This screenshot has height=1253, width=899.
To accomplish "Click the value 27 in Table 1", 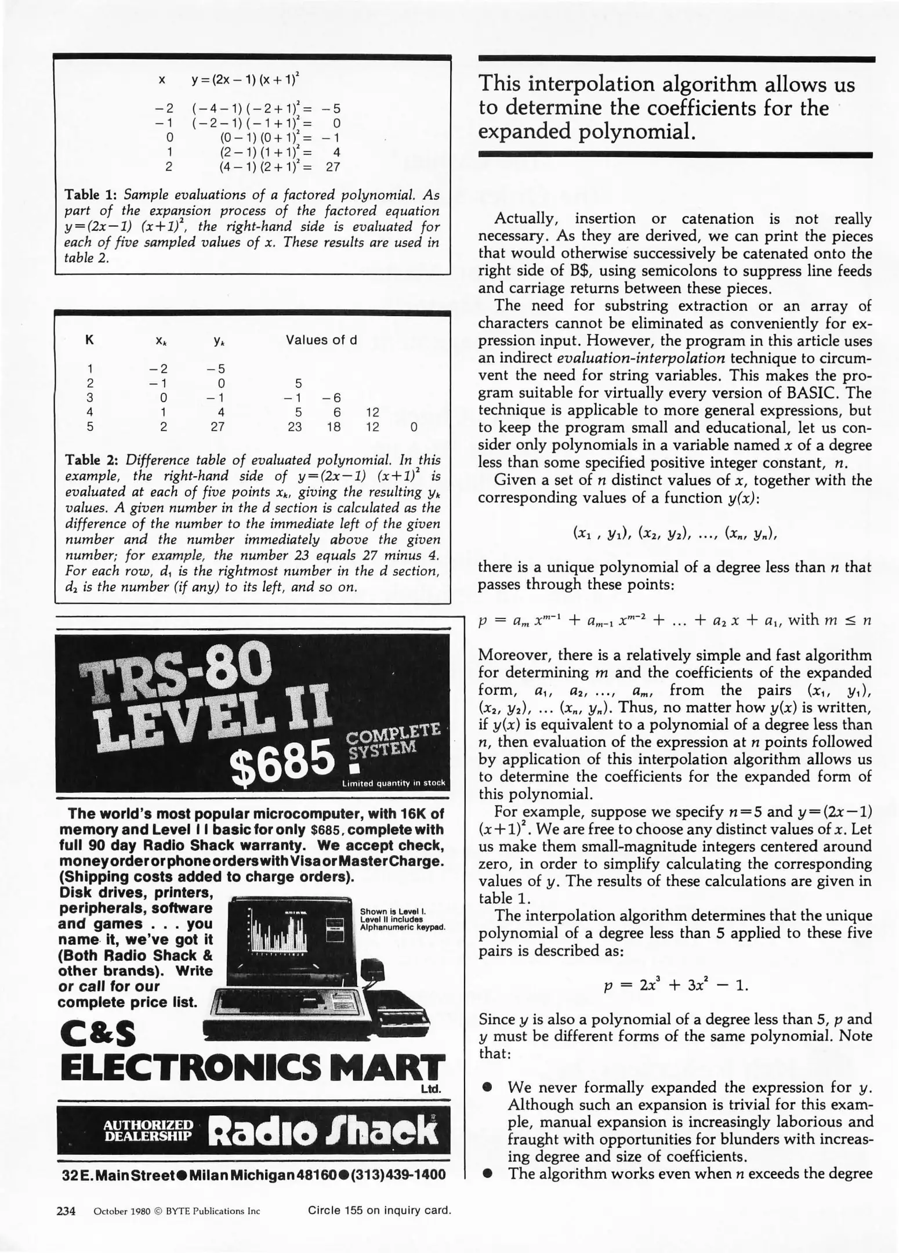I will point(332,167).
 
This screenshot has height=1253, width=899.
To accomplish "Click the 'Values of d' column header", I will point(321,340).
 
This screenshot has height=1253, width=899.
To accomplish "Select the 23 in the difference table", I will point(295,427).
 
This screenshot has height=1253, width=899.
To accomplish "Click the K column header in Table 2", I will point(89,341).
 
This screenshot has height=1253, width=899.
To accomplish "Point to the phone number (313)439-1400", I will point(400,1175).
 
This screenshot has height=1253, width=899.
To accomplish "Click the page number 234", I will point(66,1211).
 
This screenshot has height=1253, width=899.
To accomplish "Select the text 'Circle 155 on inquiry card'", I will point(379,1210).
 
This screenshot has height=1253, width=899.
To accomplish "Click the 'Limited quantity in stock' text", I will point(393,783).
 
